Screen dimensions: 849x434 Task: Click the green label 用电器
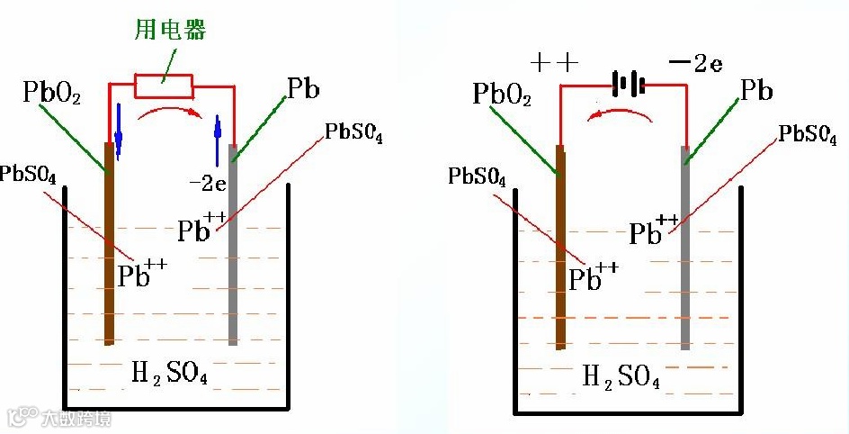pos(178,31)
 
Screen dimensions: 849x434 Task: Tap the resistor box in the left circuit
pos(163,86)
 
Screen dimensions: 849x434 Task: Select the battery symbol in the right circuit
pos(629,86)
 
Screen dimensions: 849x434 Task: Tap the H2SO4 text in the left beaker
pos(171,371)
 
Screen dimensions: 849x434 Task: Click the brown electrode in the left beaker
pos(109,243)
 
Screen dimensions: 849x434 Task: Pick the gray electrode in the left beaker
pos(233,243)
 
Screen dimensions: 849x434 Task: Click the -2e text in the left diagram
pos(207,183)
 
